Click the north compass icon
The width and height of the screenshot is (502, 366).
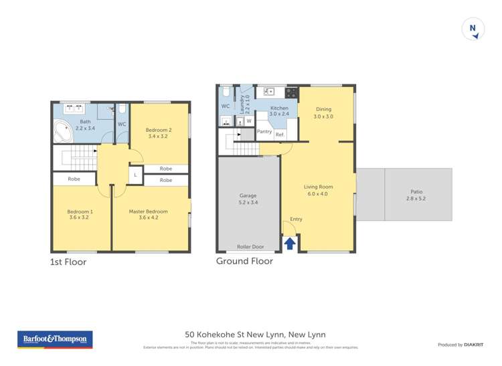pos(473,29)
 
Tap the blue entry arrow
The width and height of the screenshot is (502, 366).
pos(290,244)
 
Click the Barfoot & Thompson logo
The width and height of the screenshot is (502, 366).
pos(55,340)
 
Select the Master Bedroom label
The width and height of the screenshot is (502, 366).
pos(148,211)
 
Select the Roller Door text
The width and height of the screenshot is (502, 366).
pos(248,247)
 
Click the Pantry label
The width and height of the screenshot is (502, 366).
pos(264,132)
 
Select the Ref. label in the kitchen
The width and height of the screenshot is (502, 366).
pos(280,134)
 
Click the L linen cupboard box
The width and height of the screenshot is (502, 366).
pos(136,175)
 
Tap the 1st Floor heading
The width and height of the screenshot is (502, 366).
pos(68,262)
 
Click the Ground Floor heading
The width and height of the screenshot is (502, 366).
pos(244,261)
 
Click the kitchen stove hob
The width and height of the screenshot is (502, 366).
pos(291,92)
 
